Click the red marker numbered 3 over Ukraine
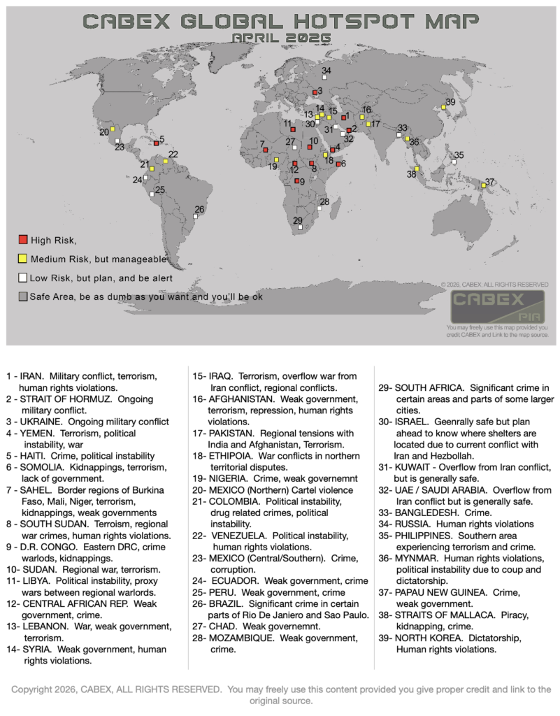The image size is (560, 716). pos(315,92)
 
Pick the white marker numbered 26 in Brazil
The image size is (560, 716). pos(196,216)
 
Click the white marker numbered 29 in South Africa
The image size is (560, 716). pos(300,227)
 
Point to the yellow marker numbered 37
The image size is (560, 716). pos(483,186)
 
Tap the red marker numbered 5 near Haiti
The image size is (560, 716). pos(156,143)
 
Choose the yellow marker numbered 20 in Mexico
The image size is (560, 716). pos(113,129)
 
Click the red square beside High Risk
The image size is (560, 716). pos(23,241)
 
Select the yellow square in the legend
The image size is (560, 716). pos(23,259)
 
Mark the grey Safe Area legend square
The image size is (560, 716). pos(23,296)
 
